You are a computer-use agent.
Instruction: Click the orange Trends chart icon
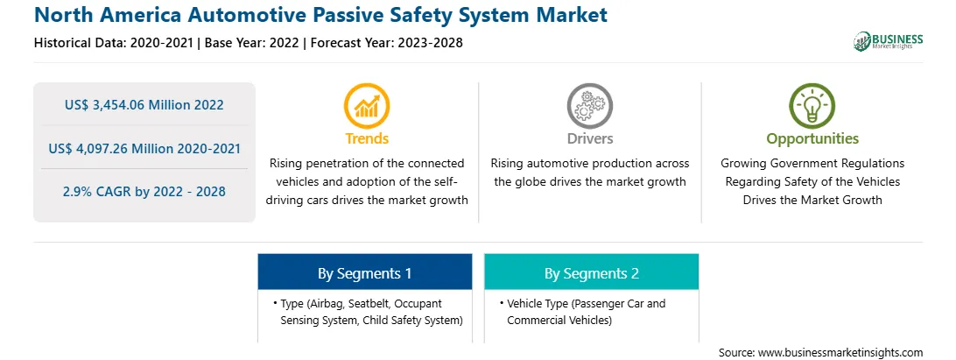(x=367, y=106)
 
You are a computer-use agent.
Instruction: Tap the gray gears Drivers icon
(x=589, y=106)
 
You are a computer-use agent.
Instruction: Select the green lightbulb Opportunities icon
(x=812, y=106)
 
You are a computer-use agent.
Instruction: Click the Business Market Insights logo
(x=889, y=41)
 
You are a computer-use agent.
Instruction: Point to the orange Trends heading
(x=367, y=138)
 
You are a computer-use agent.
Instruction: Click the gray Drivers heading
(x=589, y=138)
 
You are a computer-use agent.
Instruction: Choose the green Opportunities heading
(x=812, y=139)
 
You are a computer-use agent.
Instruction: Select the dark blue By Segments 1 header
(x=364, y=272)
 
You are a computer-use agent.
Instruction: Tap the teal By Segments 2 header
(x=592, y=272)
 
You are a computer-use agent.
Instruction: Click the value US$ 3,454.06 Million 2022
(x=144, y=105)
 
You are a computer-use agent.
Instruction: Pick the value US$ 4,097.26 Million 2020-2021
(x=144, y=148)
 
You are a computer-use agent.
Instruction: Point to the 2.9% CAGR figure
(x=144, y=192)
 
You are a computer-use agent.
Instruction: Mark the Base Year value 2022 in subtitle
(x=286, y=43)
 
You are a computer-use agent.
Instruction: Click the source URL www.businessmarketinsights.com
(x=840, y=352)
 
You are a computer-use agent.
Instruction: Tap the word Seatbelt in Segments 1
(x=369, y=304)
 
